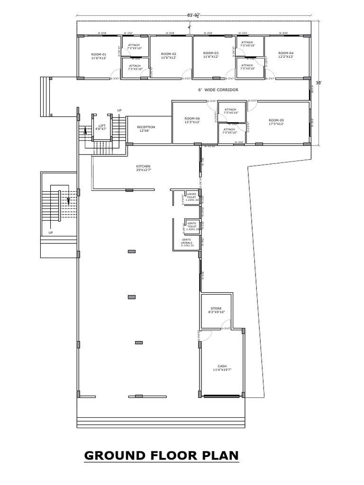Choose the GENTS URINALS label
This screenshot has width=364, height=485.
coord(187,242)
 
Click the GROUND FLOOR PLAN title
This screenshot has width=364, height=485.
coord(161,456)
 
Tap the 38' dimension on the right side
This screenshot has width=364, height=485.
coord(318,83)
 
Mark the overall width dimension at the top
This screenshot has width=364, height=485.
coord(193,15)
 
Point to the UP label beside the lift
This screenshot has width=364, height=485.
coord(119,110)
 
